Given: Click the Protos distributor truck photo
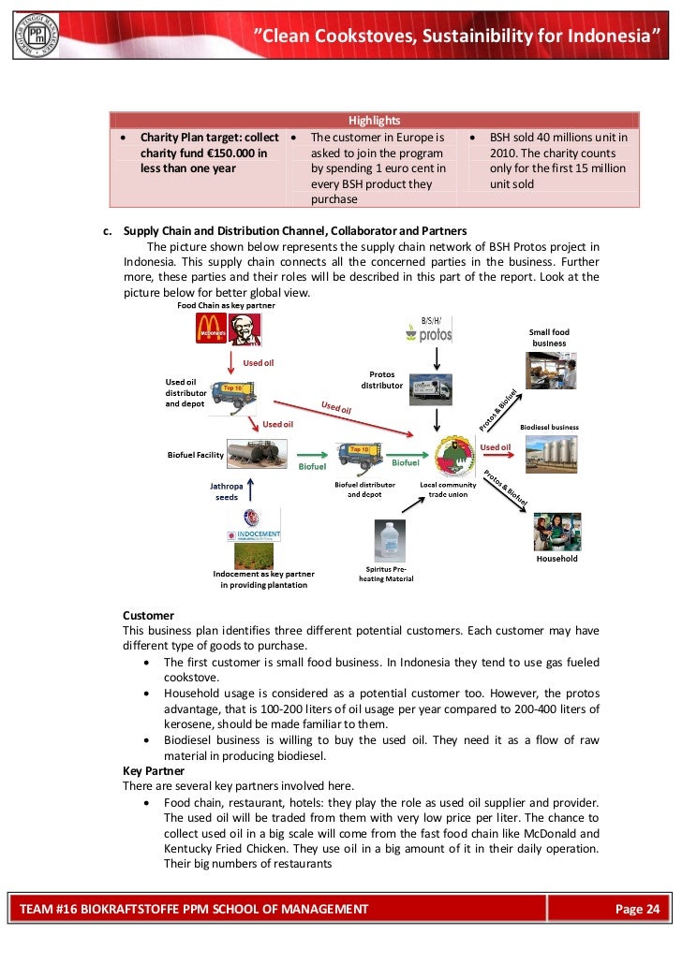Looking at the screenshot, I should (429, 388).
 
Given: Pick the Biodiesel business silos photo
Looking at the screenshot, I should (549, 454).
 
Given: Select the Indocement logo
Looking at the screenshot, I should (253, 525).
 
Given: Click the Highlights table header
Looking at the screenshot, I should (374, 120).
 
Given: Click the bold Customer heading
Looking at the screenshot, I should (148, 615).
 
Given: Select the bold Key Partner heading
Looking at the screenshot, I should (154, 770).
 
